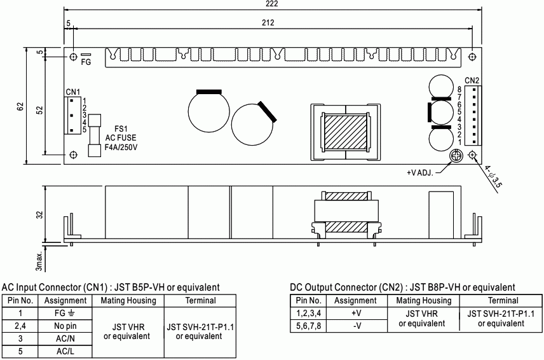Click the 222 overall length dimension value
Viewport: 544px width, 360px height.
point(273,4)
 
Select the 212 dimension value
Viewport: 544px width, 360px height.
point(268,23)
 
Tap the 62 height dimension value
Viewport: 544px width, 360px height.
point(20,106)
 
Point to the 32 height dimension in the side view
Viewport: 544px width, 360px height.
point(40,215)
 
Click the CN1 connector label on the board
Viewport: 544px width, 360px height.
point(73,92)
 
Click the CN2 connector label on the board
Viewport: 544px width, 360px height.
point(472,81)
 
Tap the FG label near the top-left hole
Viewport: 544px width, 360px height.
point(86,62)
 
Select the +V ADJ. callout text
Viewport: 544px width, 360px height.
point(420,173)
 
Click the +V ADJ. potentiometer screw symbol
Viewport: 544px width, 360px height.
point(456,156)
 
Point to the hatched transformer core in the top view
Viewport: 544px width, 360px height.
point(345,133)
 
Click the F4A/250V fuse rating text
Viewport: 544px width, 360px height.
point(121,147)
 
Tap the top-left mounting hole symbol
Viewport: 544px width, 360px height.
point(74,57)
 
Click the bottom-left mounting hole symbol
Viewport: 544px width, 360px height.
point(74,155)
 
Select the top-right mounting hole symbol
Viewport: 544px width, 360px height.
point(472,57)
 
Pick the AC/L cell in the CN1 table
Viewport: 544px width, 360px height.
point(65,351)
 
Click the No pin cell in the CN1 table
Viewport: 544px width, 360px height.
point(65,326)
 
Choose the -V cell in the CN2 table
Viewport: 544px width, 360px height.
point(357,326)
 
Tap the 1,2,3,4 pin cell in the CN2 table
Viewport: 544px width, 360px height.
point(308,313)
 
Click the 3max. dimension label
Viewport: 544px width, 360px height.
point(39,261)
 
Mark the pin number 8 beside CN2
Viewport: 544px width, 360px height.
point(459,90)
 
